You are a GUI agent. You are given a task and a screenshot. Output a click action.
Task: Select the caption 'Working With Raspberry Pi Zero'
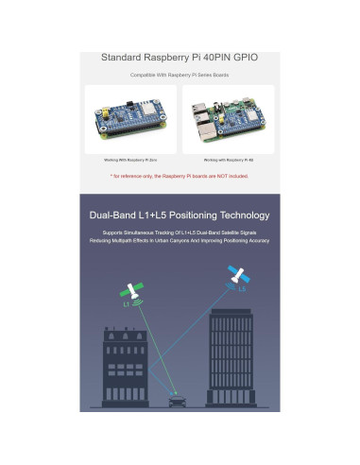pyautogui.click(x=130, y=160)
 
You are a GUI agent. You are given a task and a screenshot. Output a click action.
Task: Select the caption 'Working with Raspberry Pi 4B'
pyautogui.click(x=228, y=160)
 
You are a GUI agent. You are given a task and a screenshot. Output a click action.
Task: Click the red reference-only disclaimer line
pyautogui.click(x=180, y=176)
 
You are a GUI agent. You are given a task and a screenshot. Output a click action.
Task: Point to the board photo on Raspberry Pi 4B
pyautogui.click(x=228, y=120)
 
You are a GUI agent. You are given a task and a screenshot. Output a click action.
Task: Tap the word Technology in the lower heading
pyautogui.click(x=243, y=214)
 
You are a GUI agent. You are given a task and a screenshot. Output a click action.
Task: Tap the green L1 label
pyautogui.click(x=125, y=305)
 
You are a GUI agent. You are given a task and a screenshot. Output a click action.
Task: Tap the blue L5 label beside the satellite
pyautogui.click(x=242, y=288)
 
